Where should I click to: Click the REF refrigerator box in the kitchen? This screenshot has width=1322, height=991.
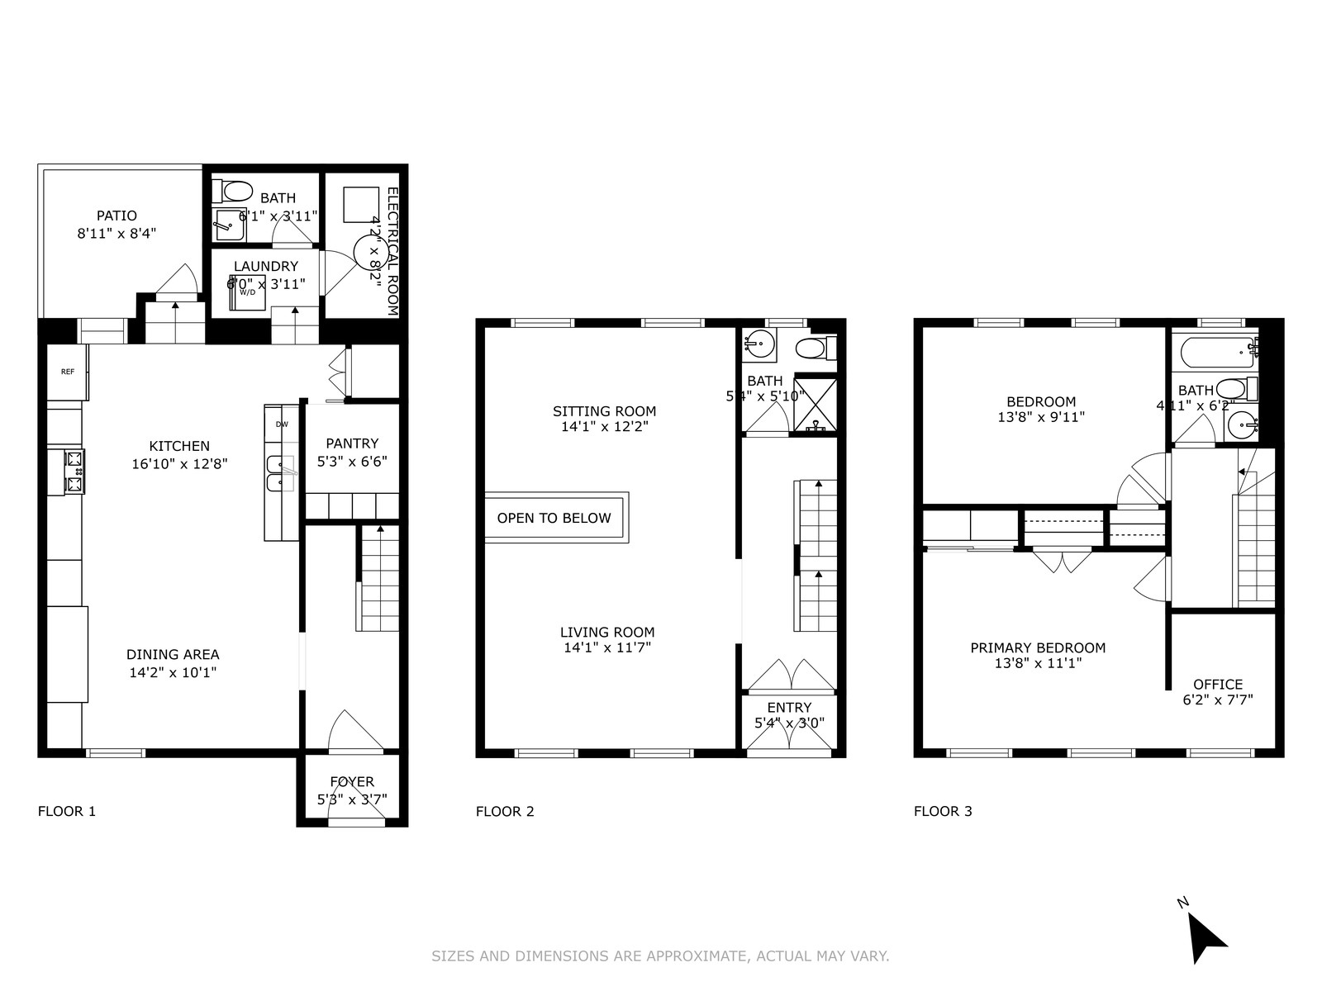(67, 372)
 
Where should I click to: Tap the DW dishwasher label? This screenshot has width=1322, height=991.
(282, 424)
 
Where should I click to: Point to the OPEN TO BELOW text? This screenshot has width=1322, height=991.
(554, 519)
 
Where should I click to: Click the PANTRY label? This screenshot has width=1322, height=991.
(352, 443)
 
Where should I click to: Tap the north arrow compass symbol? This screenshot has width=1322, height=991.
(1205, 939)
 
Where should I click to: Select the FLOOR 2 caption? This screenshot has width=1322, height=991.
(505, 811)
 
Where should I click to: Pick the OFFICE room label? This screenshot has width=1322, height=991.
(1218, 684)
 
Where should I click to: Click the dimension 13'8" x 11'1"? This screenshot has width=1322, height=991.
(1038, 663)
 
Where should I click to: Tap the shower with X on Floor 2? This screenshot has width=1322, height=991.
(816, 405)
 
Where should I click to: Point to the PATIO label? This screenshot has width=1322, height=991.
(117, 216)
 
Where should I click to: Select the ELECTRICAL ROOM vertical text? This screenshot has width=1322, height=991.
(392, 252)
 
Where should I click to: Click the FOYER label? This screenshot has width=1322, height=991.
(352, 781)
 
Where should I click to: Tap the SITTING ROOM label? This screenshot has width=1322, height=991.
(604, 411)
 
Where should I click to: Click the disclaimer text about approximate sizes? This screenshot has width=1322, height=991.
(660, 956)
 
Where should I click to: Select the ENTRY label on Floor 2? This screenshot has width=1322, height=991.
(789, 708)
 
